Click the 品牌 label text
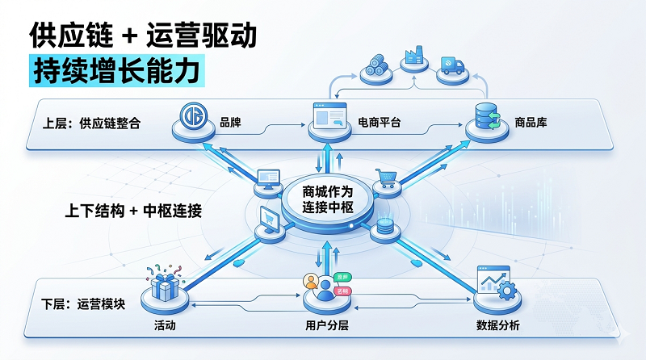(x=231, y=124)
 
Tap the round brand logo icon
(x=193, y=117)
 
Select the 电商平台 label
(x=380, y=124)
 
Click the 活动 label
(x=166, y=325)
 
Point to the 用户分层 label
(x=325, y=325)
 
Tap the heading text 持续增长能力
(x=114, y=70)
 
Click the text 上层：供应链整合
(x=91, y=124)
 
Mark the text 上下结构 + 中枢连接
(x=133, y=211)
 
